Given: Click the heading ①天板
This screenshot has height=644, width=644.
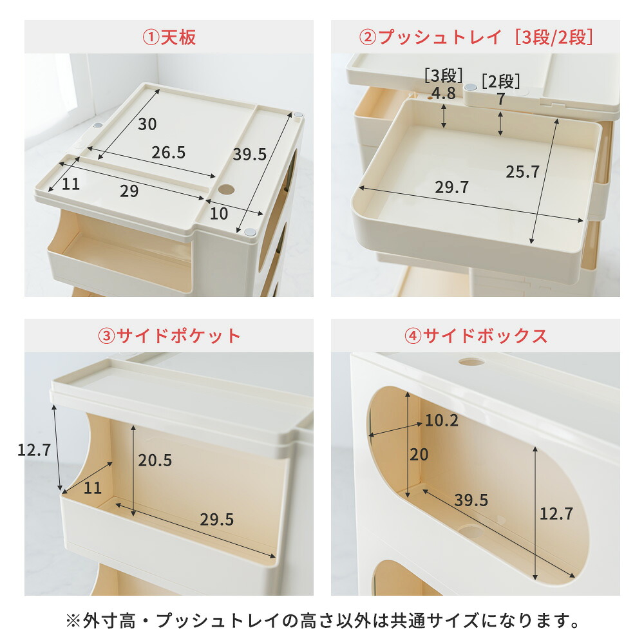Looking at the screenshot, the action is point(169,37).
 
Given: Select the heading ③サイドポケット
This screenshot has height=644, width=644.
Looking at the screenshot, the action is point(169,336).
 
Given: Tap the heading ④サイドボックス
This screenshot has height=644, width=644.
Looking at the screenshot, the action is point(476,336).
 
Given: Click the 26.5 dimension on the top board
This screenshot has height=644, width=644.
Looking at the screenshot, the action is point(168,153).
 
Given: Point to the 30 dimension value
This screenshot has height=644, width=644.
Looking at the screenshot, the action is point(147,124).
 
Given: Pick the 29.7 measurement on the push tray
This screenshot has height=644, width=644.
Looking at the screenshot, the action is point(452,187).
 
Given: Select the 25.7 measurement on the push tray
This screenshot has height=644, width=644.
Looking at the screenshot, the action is point(522,172).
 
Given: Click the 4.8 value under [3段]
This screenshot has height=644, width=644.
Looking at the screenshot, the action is point(444,93).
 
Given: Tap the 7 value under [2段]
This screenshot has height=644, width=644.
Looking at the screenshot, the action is point(500,99).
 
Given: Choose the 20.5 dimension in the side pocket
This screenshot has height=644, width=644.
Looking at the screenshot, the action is point(155,460).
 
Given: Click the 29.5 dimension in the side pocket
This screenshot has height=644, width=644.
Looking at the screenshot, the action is point(217,520).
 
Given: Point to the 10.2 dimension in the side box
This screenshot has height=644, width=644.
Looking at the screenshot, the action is point(442,420).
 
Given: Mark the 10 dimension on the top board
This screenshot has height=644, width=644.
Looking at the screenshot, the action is point(218,214).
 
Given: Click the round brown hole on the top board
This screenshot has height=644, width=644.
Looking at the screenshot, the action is point(226,190).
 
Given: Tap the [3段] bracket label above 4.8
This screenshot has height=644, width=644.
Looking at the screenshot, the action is point(444,76).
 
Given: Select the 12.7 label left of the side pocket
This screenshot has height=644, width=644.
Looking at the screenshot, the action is point(34,450).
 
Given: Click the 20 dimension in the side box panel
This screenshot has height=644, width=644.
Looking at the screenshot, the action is point(419,455).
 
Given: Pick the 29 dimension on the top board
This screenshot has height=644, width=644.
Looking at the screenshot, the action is point(129,191).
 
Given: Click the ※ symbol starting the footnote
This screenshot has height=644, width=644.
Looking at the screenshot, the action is point(73,621).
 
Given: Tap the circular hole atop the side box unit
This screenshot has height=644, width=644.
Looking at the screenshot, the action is point(471,362).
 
